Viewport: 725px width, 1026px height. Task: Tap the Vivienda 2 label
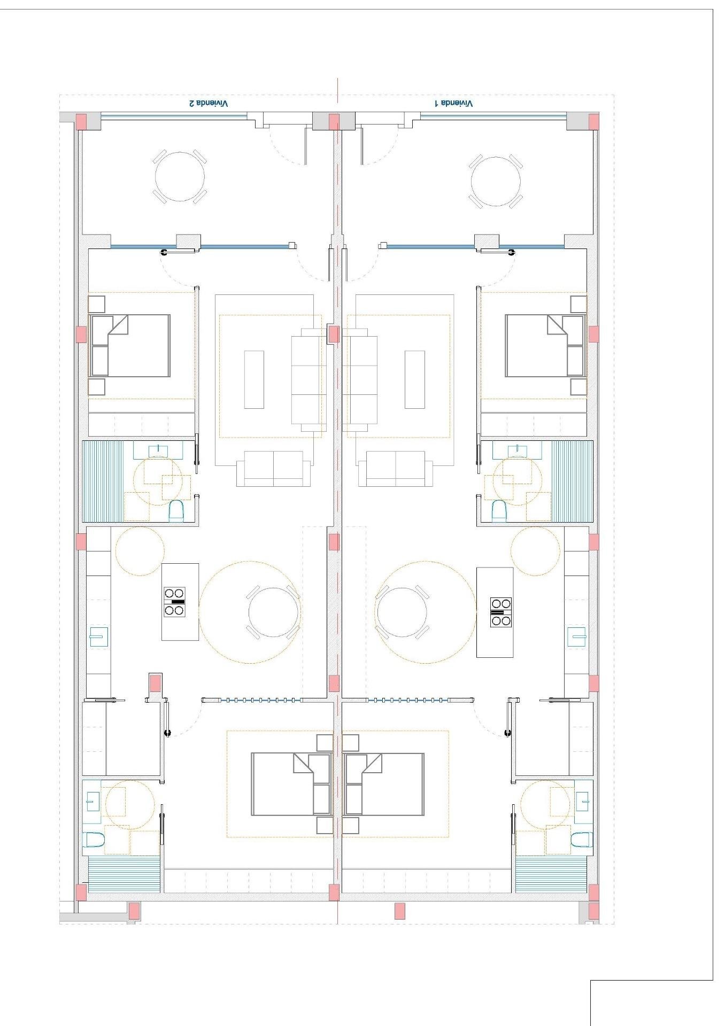[209, 103]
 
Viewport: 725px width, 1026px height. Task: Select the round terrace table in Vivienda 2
[180, 176]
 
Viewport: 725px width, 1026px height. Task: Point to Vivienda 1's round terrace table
[496, 182]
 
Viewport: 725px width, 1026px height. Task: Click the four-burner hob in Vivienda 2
[175, 602]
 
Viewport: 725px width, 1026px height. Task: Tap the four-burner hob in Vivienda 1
[501, 612]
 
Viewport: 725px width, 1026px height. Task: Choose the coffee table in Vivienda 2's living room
[254, 379]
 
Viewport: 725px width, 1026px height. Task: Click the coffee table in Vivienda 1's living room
[415, 379]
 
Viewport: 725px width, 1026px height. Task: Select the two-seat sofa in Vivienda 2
[274, 469]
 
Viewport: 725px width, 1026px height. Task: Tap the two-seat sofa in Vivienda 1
[396, 469]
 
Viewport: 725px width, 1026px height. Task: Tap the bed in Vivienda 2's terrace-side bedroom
[130, 346]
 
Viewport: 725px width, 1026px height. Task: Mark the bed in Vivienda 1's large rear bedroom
[384, 784]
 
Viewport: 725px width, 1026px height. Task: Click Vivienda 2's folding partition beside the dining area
[251, 699]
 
